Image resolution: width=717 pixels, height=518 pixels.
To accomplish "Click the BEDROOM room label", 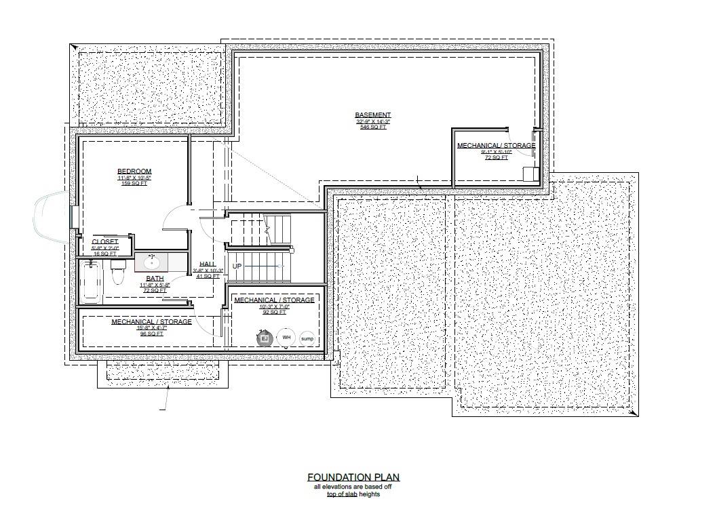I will (x=134, y=172).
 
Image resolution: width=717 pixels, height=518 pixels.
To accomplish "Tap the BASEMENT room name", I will (x=373, y=115).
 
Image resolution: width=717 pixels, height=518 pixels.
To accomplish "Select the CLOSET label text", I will (x=105, y=241).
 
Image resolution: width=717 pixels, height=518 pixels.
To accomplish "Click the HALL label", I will (x=208, y=264).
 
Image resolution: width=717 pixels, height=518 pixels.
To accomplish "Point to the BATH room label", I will (x=155, y=279).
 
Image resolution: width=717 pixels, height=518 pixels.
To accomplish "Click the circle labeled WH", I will (x=286, y=338).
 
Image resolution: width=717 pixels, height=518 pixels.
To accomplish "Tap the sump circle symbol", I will (x=307, y=338).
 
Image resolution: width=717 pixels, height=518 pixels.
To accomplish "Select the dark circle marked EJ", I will (x=265, y=338).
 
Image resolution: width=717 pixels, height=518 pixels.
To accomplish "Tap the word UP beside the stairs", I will (x=237, y=266).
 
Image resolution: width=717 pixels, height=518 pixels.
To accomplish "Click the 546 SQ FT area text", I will (x=373, y=127).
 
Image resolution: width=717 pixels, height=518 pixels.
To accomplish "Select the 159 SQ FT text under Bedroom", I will (x=134, y=184).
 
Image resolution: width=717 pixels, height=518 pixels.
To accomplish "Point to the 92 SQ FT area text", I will (x=274, y=312).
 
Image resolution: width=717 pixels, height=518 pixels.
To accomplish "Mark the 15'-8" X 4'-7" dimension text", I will (x=151, y=328).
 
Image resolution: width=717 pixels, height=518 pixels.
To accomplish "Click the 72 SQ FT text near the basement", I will (x=496, y=158).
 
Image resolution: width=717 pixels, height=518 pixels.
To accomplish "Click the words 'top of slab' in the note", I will (x=342, y=494).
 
